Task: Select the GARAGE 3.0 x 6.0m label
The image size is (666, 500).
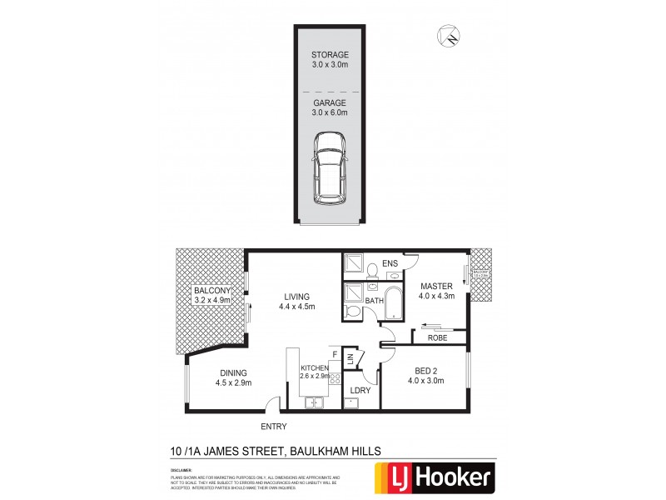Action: coord(331,107)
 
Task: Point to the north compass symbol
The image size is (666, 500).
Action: coord(450,35)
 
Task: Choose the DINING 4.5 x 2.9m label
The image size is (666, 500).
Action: coord(234,377)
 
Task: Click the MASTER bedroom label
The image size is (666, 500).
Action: coord(435,290)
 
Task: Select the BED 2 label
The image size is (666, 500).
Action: coord(425,376)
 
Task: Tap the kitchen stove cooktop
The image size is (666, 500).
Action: coord(335,380)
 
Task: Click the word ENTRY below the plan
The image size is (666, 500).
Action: coord(273,427)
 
